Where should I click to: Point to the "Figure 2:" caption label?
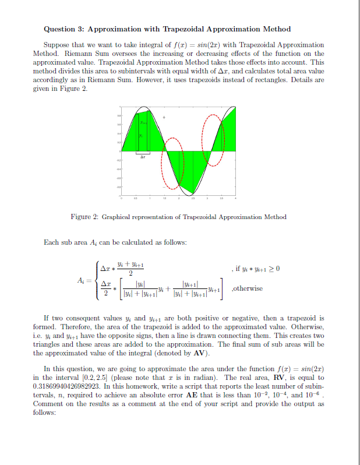[x=84, y=217]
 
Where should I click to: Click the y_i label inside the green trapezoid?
[x=139, y=136]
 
